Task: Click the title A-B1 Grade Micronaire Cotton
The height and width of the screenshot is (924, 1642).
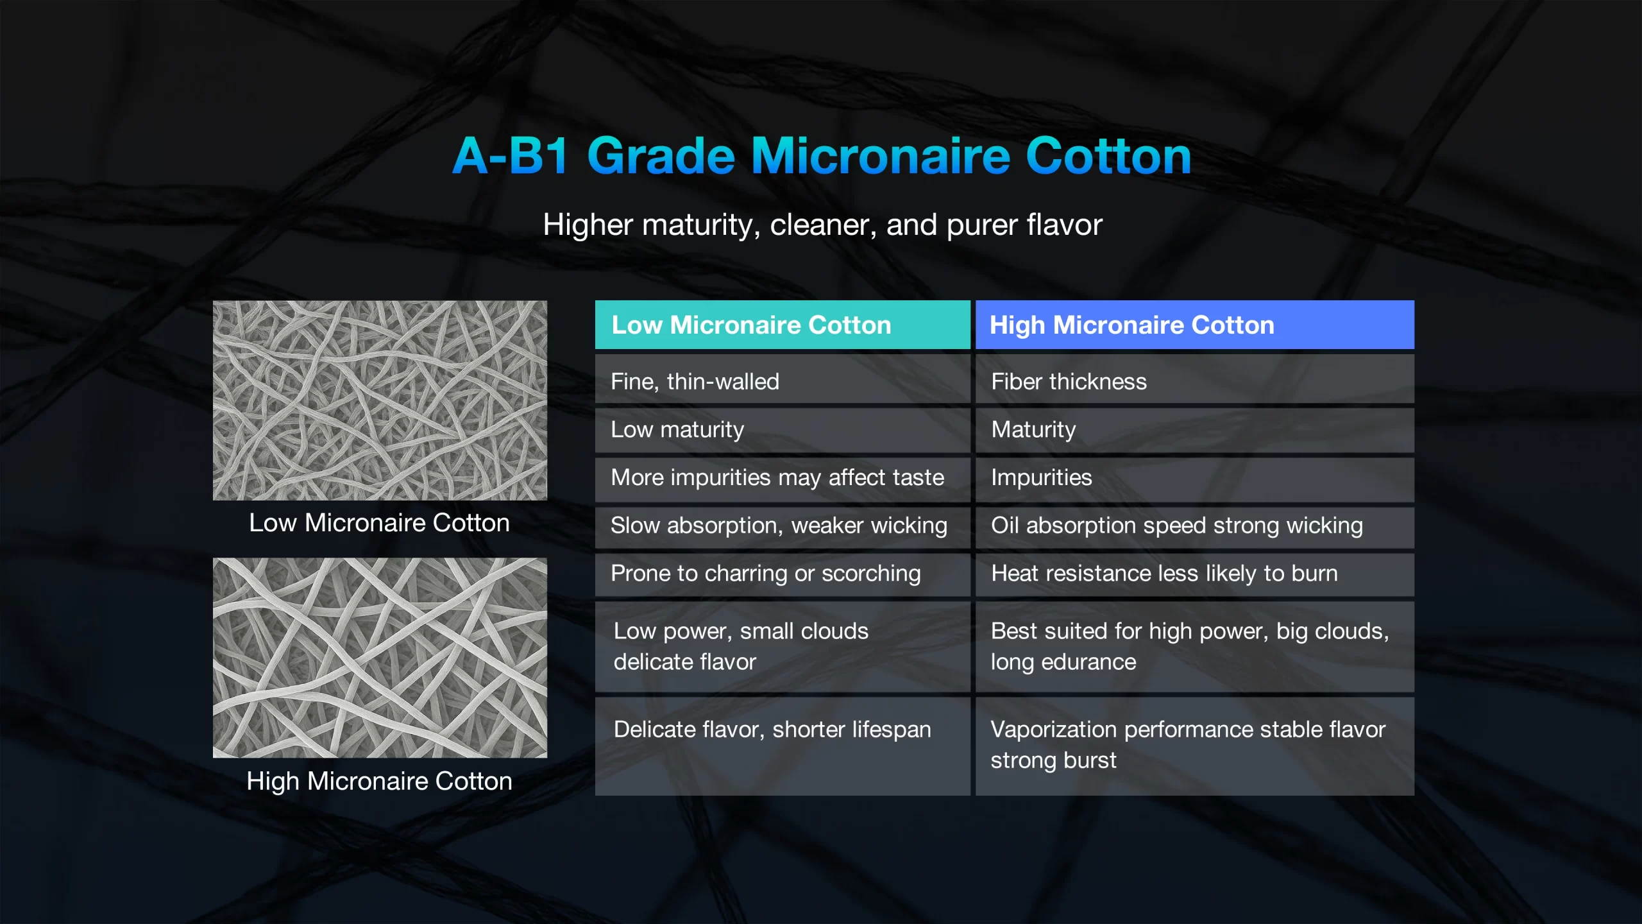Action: pos(822,155)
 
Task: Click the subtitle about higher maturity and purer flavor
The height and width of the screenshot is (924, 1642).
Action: pos(822,225)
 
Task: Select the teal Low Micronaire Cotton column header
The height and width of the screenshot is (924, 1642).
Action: pos(783,325)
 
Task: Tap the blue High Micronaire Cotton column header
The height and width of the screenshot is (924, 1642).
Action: pos(1195,325)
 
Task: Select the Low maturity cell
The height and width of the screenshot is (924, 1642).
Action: pos(783,430)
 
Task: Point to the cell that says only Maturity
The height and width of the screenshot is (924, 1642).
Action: pos(1195,430)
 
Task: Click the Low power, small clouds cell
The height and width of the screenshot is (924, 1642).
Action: pos(783,647)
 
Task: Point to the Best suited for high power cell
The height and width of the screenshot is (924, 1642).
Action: pos(1195,647)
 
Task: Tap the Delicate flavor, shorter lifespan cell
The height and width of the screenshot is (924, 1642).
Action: pos(783,746)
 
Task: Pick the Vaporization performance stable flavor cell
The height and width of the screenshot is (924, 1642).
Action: pos(1195,746)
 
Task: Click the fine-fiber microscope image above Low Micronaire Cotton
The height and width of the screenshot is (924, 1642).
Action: pos(380,400)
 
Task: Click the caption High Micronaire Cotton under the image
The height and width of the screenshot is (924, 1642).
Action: pos(380,782)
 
